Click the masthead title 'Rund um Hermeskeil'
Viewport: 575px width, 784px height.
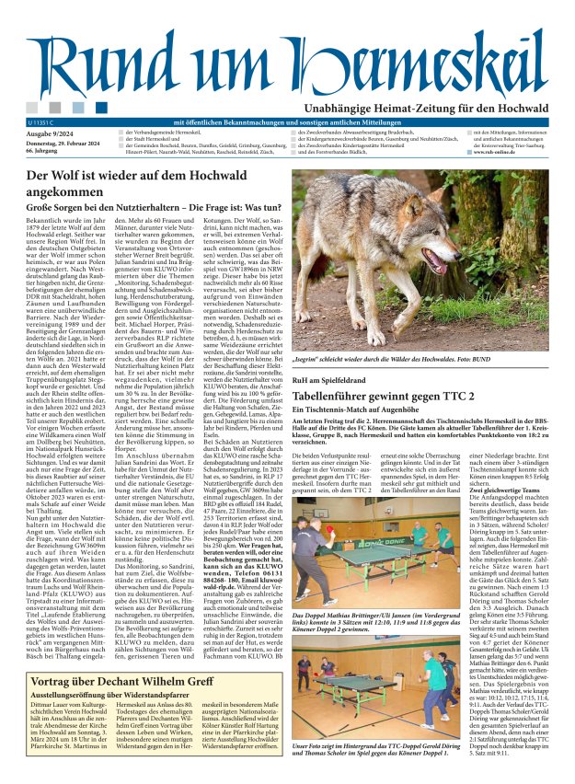click(287, 63)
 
